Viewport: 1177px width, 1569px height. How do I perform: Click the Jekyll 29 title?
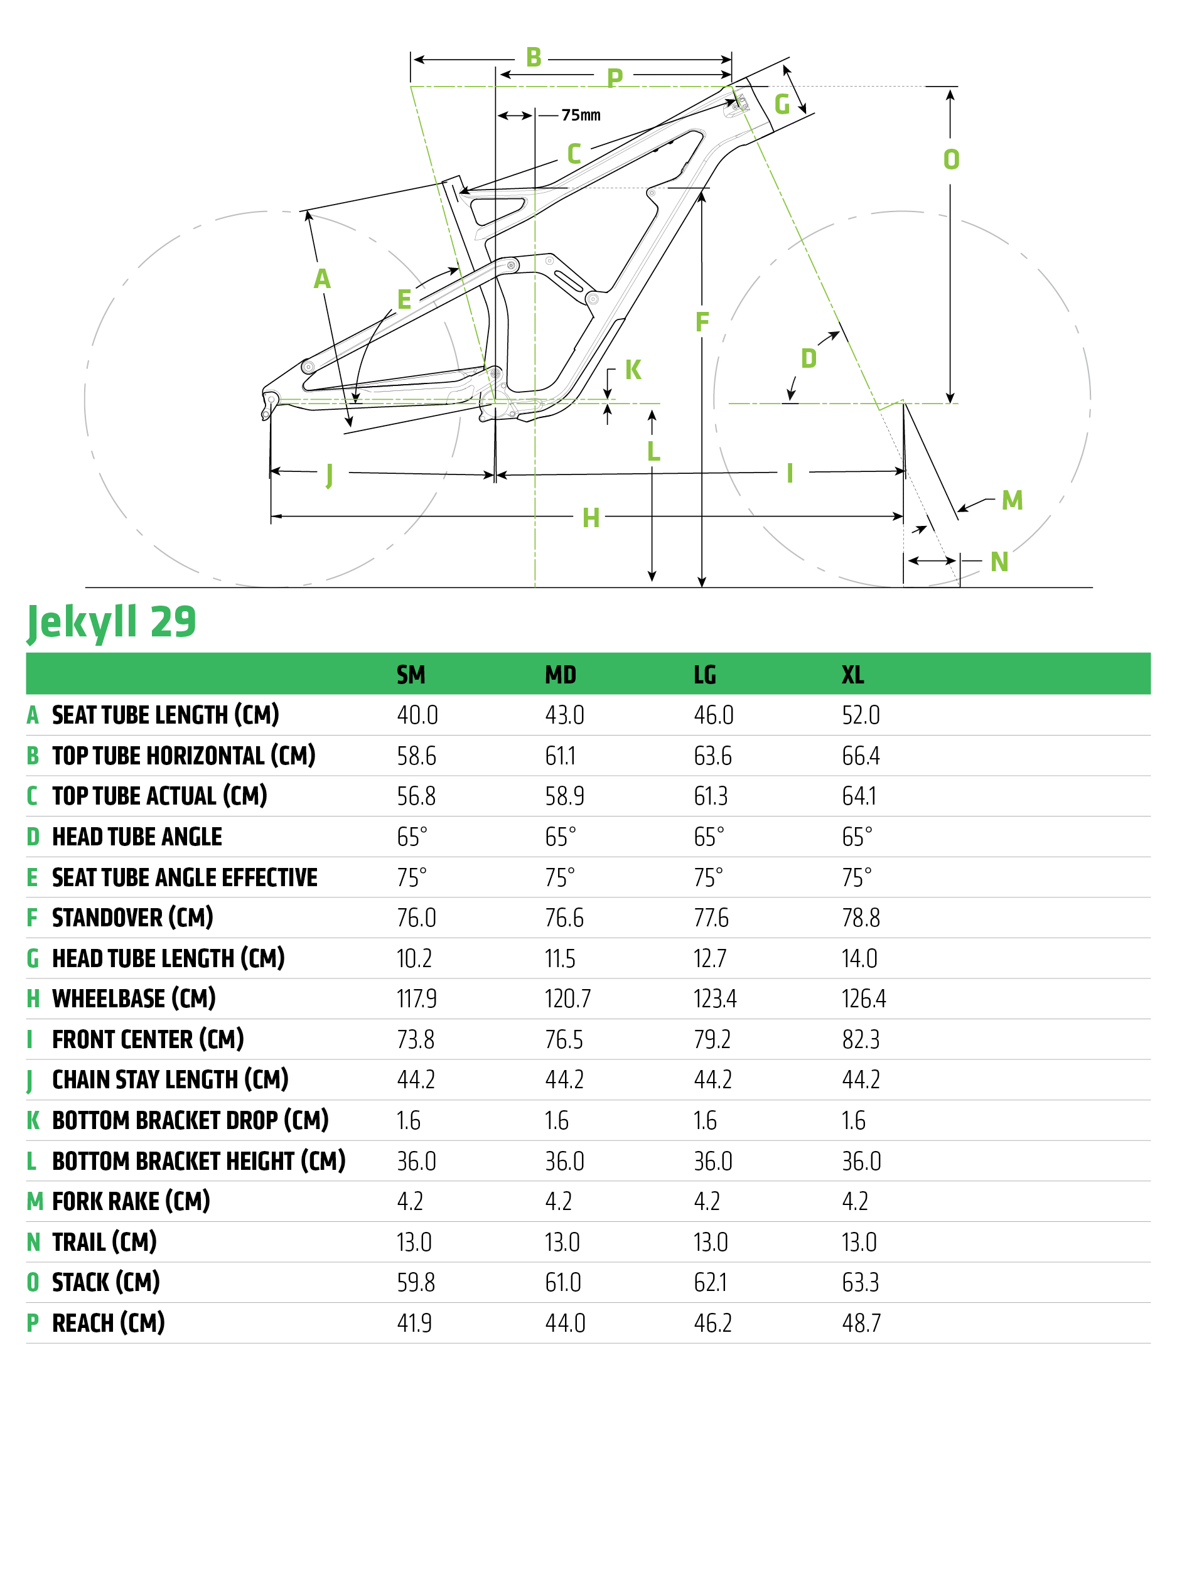[111, 622]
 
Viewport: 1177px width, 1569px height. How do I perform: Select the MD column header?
[561, 674]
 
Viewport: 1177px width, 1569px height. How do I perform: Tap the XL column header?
[852, 674]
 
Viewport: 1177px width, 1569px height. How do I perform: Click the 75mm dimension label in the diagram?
[581, 115]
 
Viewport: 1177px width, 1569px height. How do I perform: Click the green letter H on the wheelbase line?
[590, 518]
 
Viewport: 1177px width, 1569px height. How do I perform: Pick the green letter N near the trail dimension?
[999, 562]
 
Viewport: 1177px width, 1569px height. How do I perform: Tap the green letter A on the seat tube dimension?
[322, 279]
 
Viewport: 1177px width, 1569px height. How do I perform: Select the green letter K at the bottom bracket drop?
[633, 370]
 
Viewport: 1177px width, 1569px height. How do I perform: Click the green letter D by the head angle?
[808, 358]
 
